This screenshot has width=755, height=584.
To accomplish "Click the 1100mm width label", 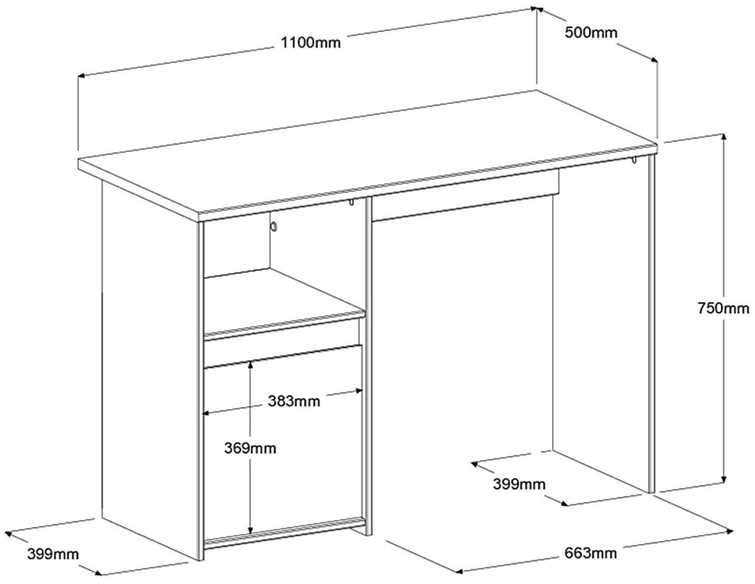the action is [310, 42].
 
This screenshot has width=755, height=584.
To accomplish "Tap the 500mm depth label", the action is [591, 32].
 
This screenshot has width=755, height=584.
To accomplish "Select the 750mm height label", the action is [724, 307].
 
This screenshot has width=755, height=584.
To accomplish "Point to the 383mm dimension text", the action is [294, 400].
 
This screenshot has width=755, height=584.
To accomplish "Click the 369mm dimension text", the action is [250, 448].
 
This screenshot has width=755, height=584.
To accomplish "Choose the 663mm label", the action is [591, 553].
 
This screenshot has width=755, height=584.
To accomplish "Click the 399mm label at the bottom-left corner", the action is [52, 555].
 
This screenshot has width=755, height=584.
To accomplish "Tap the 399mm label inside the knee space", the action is [518, 484].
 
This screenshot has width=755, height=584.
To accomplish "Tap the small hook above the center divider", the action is [352, 202].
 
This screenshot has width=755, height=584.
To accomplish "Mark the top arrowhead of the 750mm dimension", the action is [723, 136].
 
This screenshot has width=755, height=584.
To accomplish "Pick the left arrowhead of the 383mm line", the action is [206, 413].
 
